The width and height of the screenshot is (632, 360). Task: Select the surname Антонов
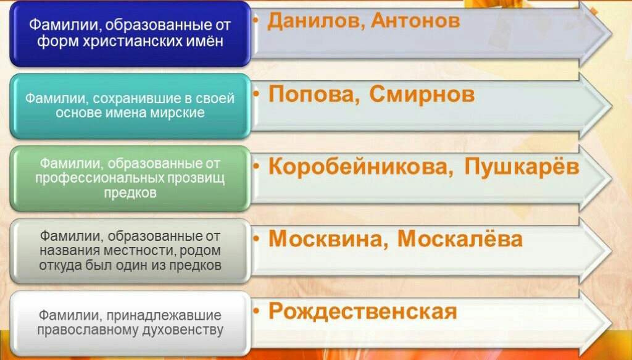pyautogui.click(x=415, y=20)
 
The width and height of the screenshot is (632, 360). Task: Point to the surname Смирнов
pyautogui.click(x=422, y=94)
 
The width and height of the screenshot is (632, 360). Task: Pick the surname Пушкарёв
pyautogui.click(x=522, y=165)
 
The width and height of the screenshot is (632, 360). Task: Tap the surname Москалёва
pyautogui.click(x=460, y=238)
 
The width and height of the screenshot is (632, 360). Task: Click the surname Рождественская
pyautogui.click(x=363, y=312)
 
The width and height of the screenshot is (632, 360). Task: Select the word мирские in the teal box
pyautogui.click(x=177, y=113)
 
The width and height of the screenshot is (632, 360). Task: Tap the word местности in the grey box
pyautogui.click(x=131, y=251)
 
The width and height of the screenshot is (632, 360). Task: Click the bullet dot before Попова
pyautogui.click(x=256, y=93)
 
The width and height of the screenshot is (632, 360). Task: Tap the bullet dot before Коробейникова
pyautogui.click(x=256, y=165)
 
